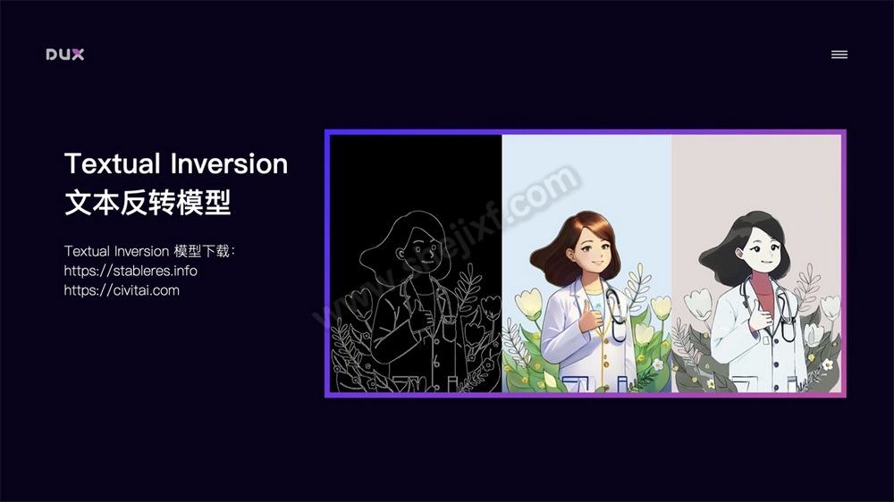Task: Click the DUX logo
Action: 65,54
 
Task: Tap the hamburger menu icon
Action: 839,54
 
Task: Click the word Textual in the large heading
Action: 113,164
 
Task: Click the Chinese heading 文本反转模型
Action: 148,204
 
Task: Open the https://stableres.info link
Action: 131,271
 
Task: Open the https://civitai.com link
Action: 122,290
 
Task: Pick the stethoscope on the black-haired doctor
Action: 785,308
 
